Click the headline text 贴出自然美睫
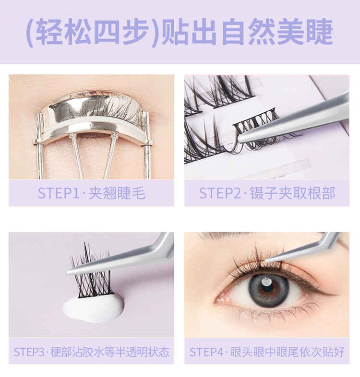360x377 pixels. click(247, 32)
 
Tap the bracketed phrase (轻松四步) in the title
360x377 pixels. click(93, 33)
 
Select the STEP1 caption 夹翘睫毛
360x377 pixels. click(117, 193)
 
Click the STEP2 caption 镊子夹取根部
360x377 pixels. click(292, 193)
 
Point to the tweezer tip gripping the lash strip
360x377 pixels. click(240, 139)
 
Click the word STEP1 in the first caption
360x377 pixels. click(59, 193)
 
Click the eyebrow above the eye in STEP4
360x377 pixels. click(224, 236)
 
